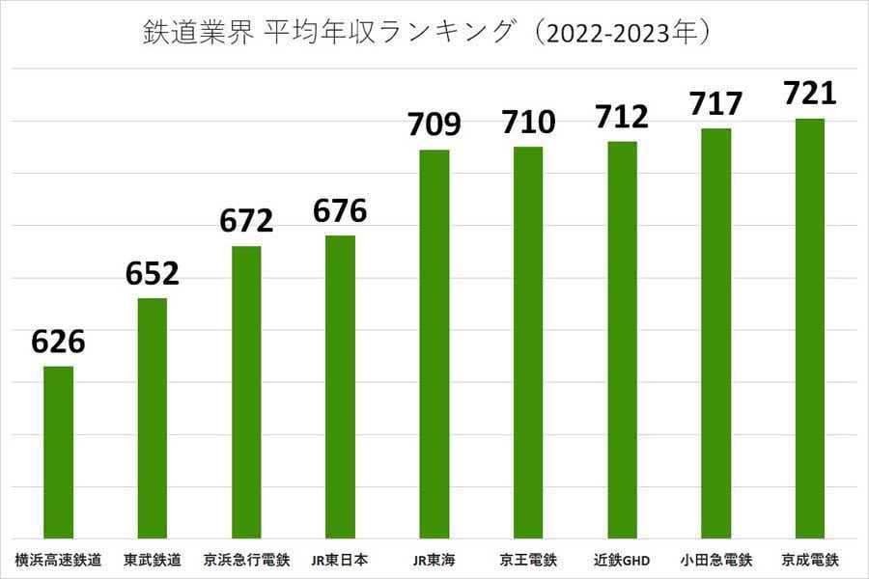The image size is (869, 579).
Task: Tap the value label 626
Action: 59,342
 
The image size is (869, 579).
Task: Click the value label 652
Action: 153,274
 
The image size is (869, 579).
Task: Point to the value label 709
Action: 434,124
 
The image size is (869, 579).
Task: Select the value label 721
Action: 809,94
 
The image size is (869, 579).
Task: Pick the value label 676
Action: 340,210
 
